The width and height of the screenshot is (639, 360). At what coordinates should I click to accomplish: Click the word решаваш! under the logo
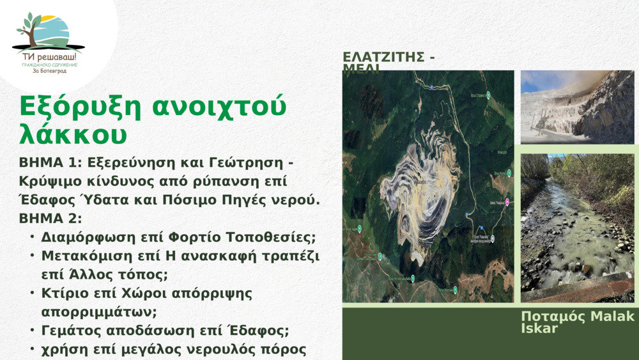[x=58, y=57]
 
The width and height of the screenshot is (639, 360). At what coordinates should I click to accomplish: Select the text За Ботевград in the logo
[x=49, y=71]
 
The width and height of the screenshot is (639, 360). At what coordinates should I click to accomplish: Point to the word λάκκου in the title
[x=73, y=134]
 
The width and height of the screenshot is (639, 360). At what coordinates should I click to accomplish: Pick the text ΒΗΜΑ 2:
[x=50, y=219]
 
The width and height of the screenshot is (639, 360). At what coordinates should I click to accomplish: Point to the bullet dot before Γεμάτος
[x=32, y=331]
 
